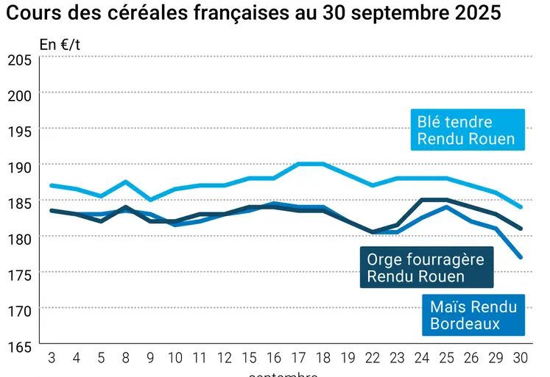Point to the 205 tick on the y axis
pos(19,60)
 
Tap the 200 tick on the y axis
pos(19,95)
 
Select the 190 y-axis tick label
pos(19,167)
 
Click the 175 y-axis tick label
pos(19,275)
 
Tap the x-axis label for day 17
pos(299,358)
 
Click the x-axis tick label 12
pos(225,358)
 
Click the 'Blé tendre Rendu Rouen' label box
pos(468,130)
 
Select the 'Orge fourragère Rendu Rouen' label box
pos(428,268)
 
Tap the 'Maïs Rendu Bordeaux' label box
pos(473,315)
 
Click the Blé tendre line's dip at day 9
pos(150,200)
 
